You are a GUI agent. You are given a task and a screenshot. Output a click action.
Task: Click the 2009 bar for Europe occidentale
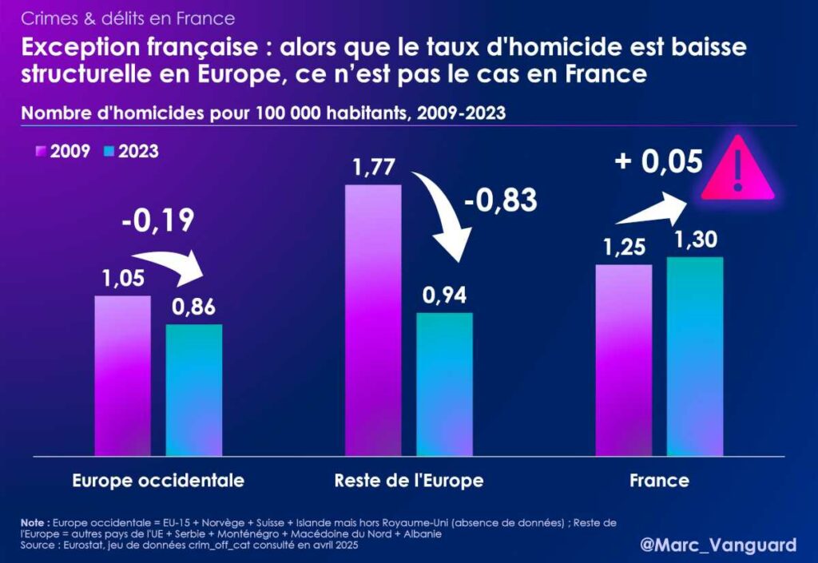coord(122,375)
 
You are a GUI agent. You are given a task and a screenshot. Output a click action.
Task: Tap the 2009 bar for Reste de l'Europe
coord(373,319)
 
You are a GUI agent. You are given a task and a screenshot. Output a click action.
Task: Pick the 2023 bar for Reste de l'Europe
coord(445,384)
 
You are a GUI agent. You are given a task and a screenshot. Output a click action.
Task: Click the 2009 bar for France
coord(624,360)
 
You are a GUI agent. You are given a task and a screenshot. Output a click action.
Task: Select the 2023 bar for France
coord(695,356)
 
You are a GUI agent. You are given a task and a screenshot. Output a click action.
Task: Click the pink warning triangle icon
coord(737,170)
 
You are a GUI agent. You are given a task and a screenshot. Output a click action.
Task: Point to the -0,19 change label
coord(158,220)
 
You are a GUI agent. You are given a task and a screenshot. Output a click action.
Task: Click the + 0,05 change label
coord(658,161)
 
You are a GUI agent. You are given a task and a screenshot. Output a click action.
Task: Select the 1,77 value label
coord(373,169)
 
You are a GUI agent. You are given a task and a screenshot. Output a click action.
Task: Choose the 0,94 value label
coord(445,295)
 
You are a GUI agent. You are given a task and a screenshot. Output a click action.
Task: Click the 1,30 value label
coord(695,240)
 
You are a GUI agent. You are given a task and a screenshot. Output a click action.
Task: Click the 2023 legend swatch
coord(109,151)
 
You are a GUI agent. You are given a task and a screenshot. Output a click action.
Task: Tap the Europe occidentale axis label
coord(158,481)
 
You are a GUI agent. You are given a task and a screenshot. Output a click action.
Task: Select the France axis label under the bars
coord(659,481)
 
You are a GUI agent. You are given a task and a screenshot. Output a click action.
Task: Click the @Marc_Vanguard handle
coord(718,545)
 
